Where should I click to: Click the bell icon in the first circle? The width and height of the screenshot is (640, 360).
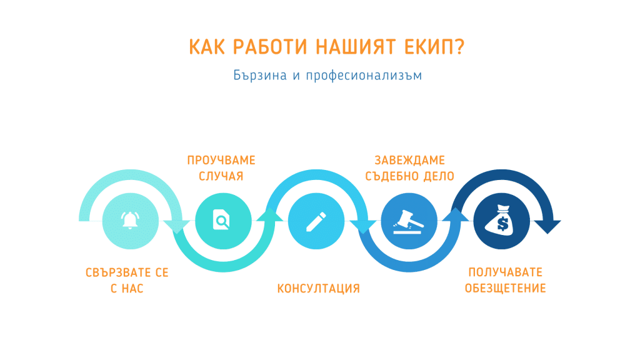[x=130, y=221]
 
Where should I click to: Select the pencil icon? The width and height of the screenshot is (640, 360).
[x=316, y=222]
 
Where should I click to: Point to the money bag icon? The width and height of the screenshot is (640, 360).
[x=502, y=221]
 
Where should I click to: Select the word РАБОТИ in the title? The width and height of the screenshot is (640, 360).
[x=270, y=47]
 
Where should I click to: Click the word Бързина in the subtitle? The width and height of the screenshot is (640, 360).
[x=260, y=75]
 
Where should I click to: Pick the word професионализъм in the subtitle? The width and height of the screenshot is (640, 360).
[x=364, y=76]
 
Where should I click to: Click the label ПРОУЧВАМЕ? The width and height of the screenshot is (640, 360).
[x=221, y=160]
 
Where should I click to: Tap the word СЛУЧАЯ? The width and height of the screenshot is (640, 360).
[x=221, y=176]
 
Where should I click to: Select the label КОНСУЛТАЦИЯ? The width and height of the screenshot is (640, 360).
[x=318, y=289]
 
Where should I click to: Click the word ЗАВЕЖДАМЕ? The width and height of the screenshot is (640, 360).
[x=410, y=160]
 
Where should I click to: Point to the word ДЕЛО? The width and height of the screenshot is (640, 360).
[x=439, y=176]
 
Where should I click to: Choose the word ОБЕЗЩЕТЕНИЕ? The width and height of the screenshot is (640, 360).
[x=505, y=288]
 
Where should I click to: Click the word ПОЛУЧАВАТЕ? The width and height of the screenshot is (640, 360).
[x=505, y=272]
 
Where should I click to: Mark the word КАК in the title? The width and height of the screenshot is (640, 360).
[x=206, y=47]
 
